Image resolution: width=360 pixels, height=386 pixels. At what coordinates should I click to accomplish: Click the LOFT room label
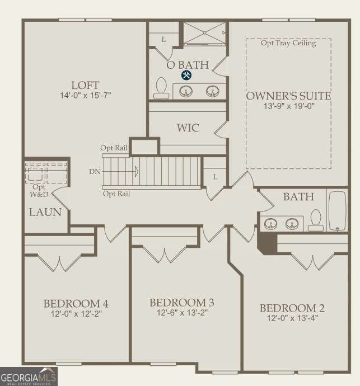click(85, 86)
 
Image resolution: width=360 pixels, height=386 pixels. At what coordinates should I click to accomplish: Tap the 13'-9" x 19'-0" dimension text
click(289, 106)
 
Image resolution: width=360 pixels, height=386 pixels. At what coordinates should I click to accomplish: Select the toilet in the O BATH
click(161, 88)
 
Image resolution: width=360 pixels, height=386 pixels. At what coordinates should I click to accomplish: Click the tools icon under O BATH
click(186, 75)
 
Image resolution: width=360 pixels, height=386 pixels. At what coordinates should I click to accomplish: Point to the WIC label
click(188, 128)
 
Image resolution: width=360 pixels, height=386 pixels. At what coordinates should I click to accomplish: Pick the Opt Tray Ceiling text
click(288, 43)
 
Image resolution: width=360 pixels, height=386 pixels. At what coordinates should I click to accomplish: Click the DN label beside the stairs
click(95, 171)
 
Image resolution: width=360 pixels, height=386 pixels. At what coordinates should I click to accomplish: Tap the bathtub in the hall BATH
click(338, 211)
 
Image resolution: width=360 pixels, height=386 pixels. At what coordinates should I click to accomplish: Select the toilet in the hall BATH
click(316, 220)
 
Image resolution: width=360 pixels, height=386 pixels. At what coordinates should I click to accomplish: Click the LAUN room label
click(45, 212)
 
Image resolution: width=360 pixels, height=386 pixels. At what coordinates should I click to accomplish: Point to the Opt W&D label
click(39, 191)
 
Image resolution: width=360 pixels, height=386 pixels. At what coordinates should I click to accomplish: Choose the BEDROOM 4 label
click(76, 304)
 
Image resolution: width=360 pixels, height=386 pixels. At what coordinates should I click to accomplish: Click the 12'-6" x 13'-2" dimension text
click(183, 313)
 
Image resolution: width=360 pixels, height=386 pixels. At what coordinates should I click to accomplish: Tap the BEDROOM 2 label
click(292, 308)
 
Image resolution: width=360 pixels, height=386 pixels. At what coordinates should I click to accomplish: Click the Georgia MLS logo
click(29, 376)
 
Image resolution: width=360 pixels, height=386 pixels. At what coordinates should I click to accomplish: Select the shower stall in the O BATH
click(204, 34)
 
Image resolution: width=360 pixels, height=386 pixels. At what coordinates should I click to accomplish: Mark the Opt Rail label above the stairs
click(114, 148)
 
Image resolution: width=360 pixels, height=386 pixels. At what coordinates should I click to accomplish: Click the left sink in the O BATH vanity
click(185, 91)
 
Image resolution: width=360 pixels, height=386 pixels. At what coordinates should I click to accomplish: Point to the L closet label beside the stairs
click(215, 177)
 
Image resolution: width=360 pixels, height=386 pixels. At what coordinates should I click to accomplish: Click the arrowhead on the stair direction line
click(136, 171)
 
